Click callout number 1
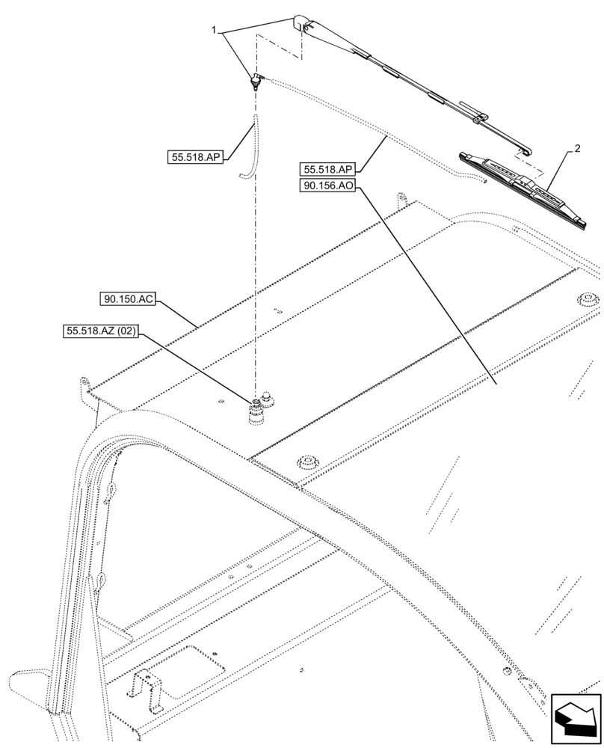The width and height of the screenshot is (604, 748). (215, 31)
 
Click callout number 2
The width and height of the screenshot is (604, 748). (576, 150)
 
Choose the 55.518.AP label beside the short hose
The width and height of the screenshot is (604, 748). (197, 157)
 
